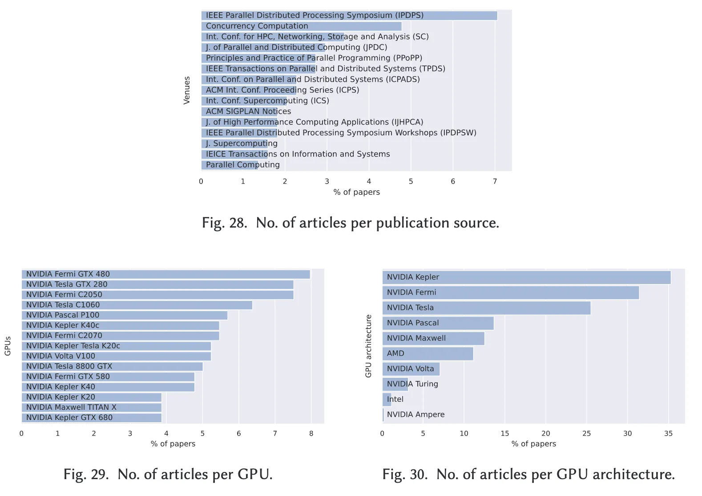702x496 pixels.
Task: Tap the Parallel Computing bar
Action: point(230,165)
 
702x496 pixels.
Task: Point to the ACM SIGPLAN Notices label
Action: point(248,112)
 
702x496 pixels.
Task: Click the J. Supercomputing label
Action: point(242,144)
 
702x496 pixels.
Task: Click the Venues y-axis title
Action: point(187,90)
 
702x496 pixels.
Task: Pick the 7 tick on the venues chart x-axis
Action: point(495,181)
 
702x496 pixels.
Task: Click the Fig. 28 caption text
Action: point(351,223)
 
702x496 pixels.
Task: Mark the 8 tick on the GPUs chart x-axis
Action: point(311,433)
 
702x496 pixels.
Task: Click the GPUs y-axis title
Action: point(8,346)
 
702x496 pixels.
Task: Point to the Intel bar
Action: point(387,399)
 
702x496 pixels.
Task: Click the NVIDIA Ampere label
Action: point(416,415)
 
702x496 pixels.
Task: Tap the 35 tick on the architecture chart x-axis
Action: point(668,433)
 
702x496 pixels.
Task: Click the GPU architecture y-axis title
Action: point(368,346)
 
